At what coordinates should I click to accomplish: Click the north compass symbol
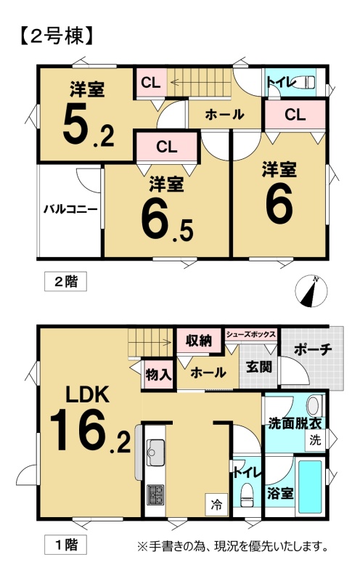coord(311,292)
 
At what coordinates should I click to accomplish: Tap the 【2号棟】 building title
coord(55,37)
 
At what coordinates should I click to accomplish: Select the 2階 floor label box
coord(65,282)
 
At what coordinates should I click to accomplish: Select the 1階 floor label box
coord(65,545)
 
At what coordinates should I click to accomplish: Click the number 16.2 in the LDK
coord(90,430)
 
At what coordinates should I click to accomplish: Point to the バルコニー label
coord(70,209)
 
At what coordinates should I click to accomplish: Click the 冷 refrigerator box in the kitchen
coord(217,504)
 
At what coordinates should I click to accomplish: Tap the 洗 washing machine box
coord(315,440)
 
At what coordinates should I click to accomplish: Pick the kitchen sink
coord(156,452)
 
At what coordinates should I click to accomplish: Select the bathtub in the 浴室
coord(311,487)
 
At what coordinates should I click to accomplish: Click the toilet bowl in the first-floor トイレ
coord(246,495)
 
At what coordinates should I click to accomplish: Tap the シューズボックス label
coord(250,334)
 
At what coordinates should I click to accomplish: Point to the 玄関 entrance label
coord(259,367)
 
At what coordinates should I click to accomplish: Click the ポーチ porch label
coord(313,349)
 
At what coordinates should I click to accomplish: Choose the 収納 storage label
coord(199,340)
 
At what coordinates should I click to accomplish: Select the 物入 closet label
coord(158,375)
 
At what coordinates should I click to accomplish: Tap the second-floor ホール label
coord(224,115)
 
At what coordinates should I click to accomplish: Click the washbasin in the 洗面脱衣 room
coord(314,405)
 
